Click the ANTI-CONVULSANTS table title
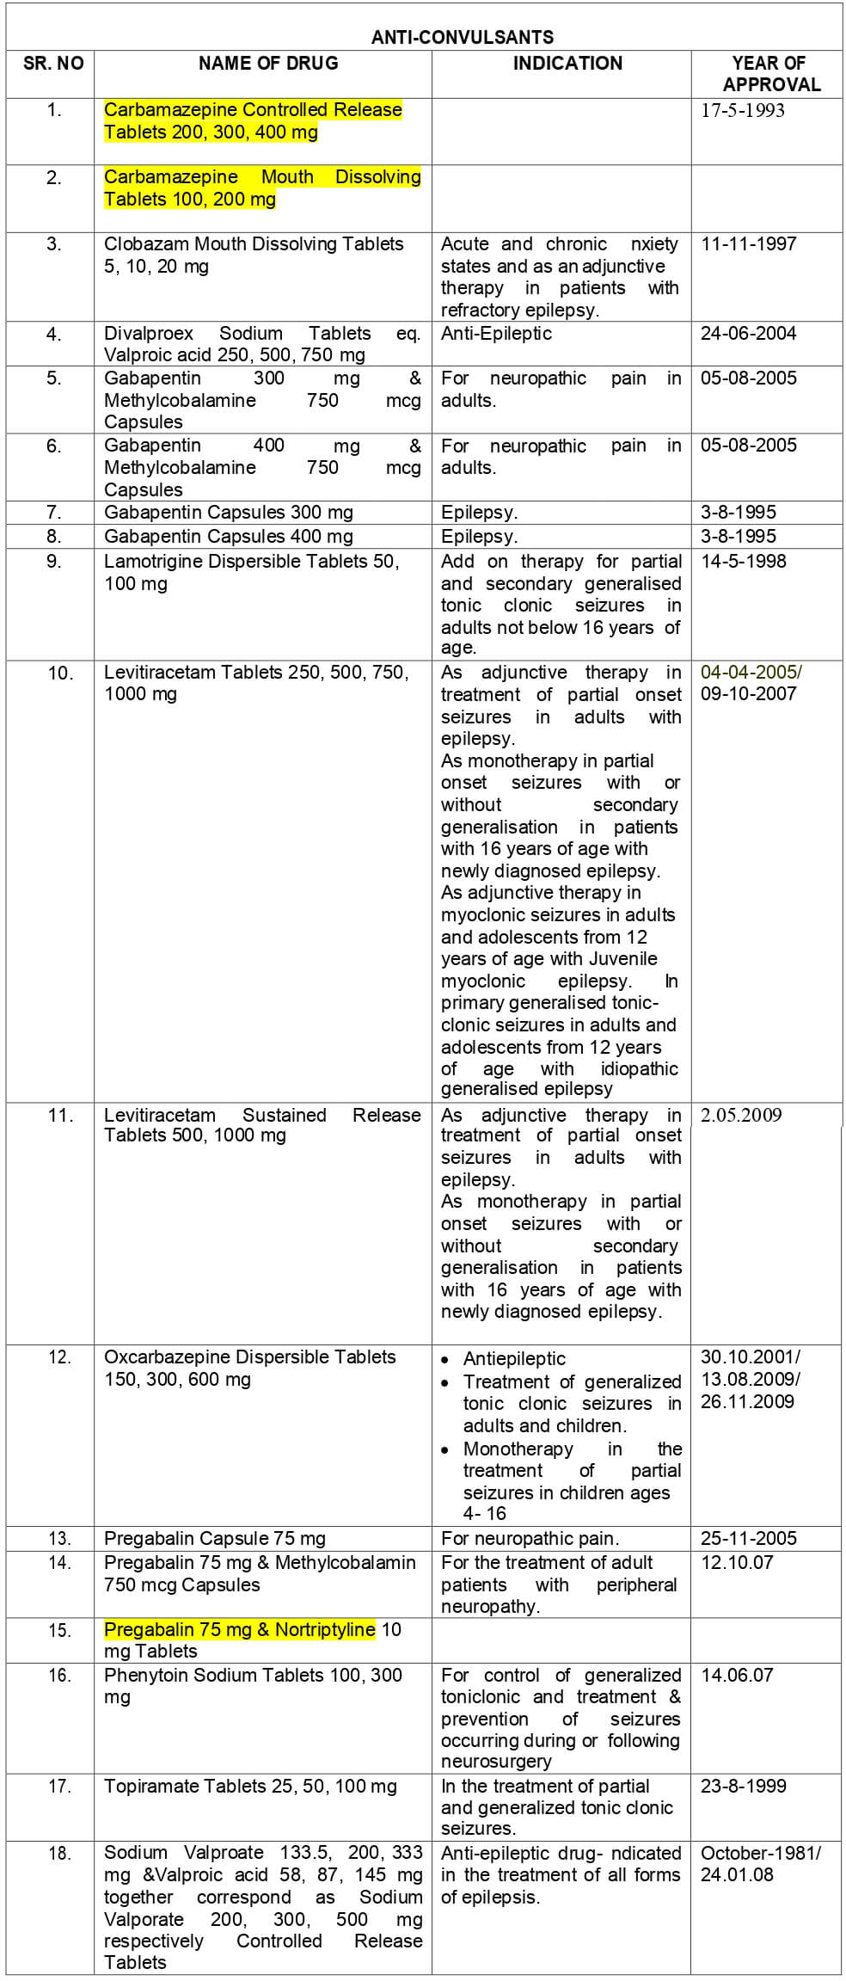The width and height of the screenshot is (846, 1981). coord(462,37)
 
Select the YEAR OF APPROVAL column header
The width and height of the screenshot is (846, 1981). coord(768,73)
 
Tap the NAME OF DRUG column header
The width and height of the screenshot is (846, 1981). coord(268,63)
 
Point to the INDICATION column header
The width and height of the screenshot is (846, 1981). coord(567,63)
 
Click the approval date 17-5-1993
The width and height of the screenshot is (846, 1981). coord(743,110)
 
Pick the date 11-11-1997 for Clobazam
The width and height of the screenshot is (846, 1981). coord(748,244)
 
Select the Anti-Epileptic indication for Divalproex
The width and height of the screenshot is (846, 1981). coord(496,334)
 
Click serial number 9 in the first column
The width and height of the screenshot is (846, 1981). coord(53,562)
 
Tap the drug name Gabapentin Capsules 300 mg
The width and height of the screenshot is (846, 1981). coord(228,513)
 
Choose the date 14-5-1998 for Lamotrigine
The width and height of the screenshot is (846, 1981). coord(743,562)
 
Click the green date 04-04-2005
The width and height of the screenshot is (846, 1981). coord(751,672)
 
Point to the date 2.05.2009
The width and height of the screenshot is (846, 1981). coord(741,1115)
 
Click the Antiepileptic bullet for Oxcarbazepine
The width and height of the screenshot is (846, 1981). coord(514,1358)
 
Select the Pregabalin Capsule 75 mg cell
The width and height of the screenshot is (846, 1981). coord(214,1538)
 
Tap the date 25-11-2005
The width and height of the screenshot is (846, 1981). coord(748,1538)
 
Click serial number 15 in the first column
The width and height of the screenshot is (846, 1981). coord(58,1630)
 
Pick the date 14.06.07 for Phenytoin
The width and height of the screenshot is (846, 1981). coord(737,1675)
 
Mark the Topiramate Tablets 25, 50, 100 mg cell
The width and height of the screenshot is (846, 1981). coord(250,1787)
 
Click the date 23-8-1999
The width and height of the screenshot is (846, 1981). coord(743,1787)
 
